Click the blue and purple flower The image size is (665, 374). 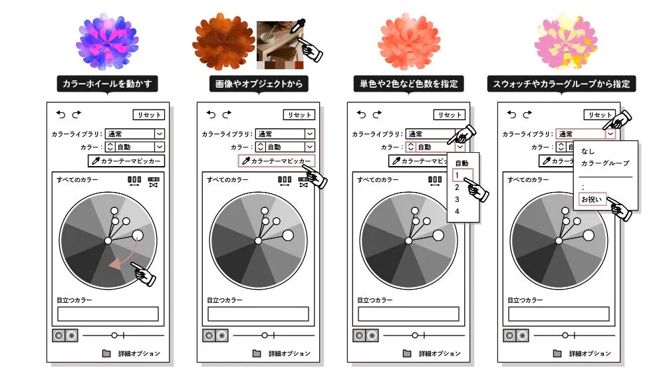tap(107, 41)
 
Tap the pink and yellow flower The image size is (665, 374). tap(565, 41)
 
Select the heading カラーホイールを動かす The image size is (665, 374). tap(107, 84)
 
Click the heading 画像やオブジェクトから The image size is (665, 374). tap(259, 84)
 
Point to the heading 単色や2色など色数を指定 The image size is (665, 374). tap(408, 84)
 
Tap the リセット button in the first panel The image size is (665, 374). tap(149, 115)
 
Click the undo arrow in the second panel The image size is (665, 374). tap(211, 114)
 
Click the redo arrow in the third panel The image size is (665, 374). tap(377, 114)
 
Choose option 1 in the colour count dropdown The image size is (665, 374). tap(458, 175)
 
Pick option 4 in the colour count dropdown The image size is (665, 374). tap(458, 211)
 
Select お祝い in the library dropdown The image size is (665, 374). tap(592, 199)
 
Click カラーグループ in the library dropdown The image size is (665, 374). tap(605, 163)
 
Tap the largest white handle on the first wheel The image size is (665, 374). tap(138, 236)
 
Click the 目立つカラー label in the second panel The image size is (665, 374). tap(225, 300)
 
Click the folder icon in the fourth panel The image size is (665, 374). tap(557, 353)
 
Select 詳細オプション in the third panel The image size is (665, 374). tap(440, 353)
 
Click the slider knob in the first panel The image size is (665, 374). tap(114, 335)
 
